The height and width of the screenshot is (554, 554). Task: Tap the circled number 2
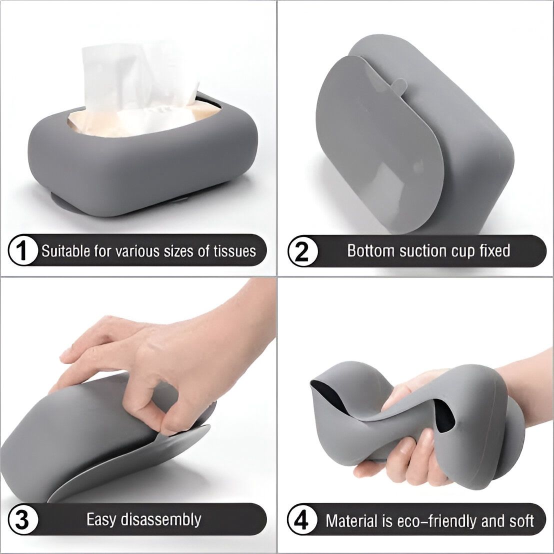coord(302,250)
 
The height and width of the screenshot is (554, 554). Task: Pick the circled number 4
coord(302,520)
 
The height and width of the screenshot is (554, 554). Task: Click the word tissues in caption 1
coord(234,251)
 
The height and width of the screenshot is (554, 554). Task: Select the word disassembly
coord(161,519)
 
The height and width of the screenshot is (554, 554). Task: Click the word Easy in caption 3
coord(101,519)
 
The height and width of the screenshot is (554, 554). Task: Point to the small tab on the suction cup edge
coord(398,85)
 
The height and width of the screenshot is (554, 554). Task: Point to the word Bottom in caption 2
coord(370,250)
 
